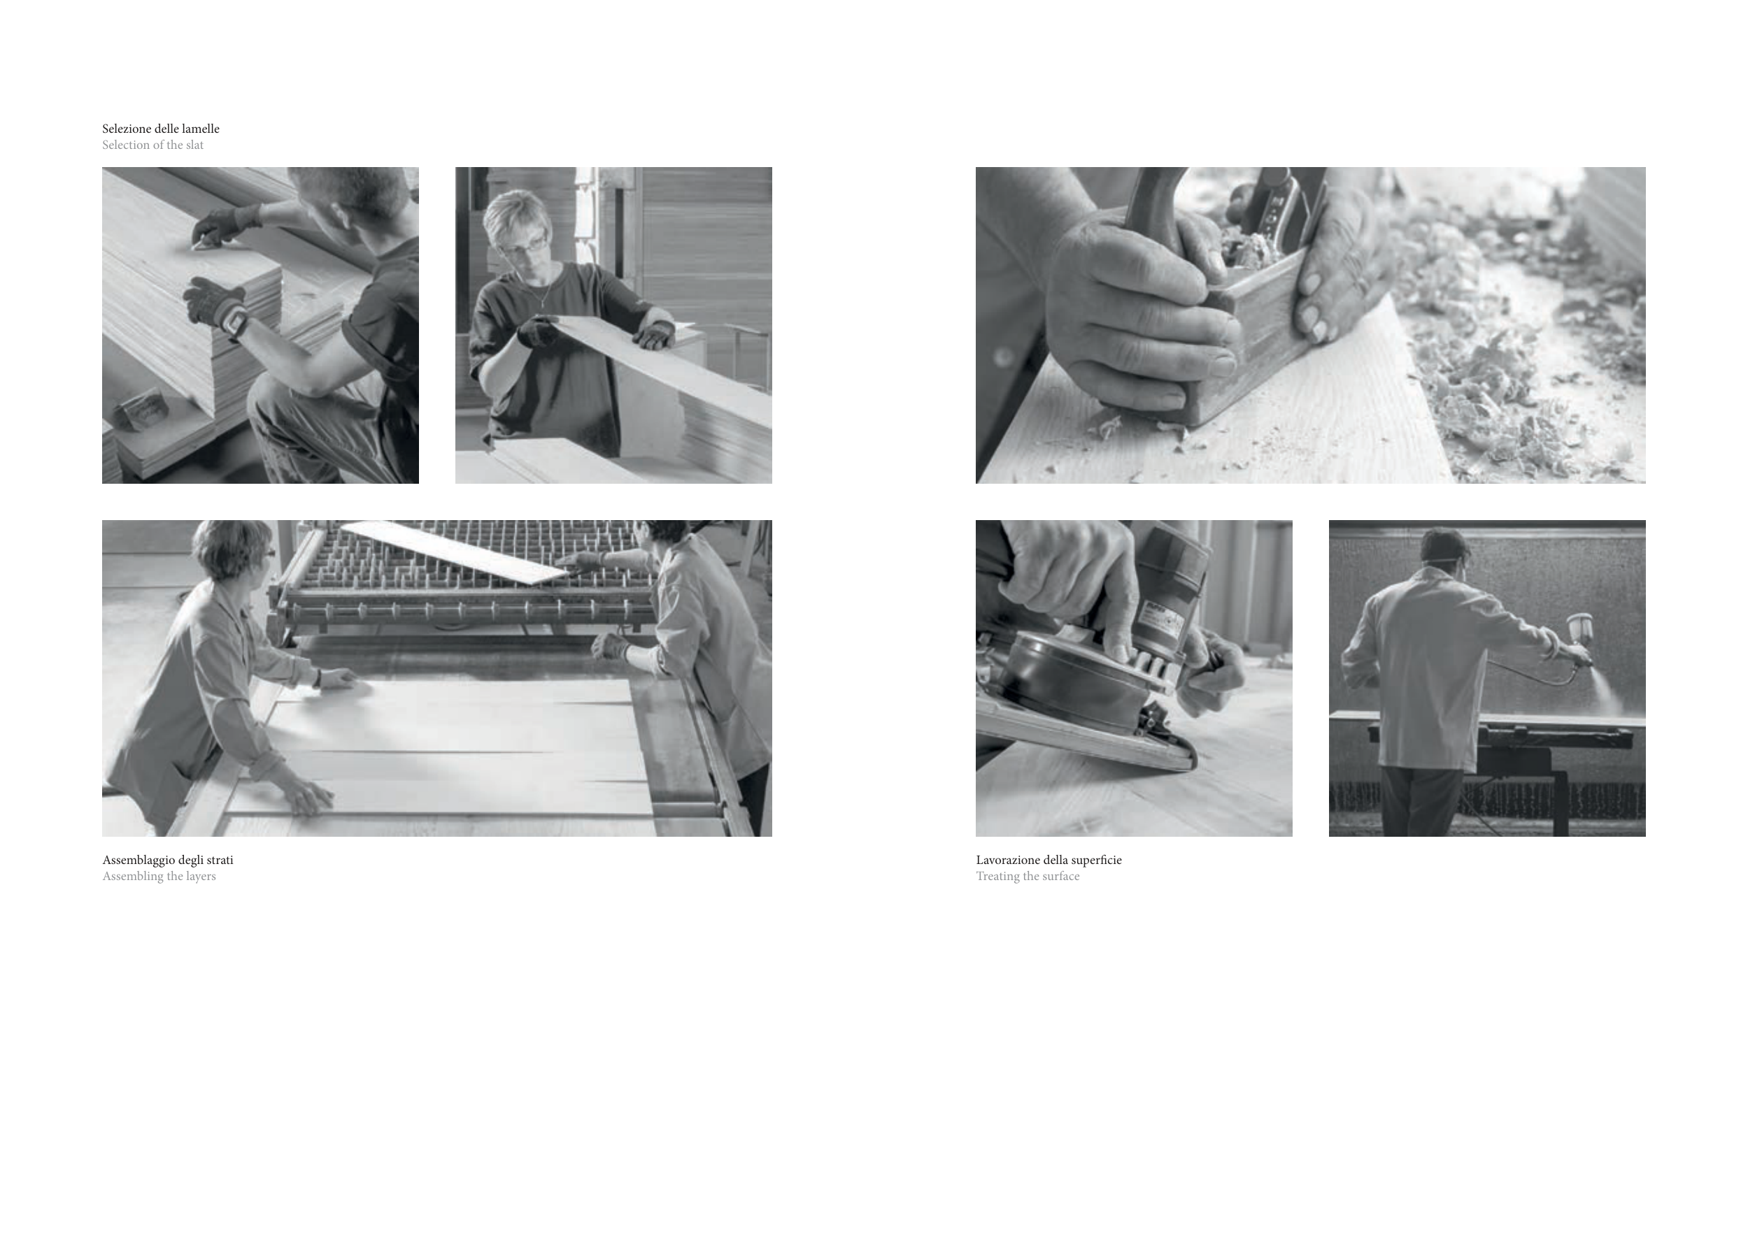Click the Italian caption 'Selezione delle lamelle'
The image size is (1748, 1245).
click(161, 129)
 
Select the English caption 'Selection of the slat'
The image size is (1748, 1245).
click(152, 145)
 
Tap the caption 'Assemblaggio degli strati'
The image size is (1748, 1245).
click(168, 860)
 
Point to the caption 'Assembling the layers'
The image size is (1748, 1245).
click(159, 876)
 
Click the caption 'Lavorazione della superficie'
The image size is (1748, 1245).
click(1049, 860)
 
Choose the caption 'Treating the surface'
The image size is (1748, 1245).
click(1027, 876)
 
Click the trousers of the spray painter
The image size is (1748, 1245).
click(1421, 802)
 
